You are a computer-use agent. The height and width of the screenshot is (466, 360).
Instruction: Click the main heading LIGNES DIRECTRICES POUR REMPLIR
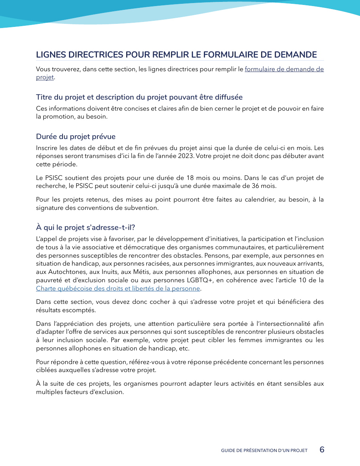[x=176, y=55]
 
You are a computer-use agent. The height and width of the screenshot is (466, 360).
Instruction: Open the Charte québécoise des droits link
[x=118, y=288]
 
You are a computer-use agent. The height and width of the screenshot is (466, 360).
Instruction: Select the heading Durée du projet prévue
[x=76, y=136]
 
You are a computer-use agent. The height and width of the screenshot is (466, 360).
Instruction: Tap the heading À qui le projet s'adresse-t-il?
[x=85, y=227]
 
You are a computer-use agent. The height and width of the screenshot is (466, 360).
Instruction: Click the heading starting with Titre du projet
[x=139, y=97]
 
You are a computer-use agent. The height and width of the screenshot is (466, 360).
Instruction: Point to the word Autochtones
[x=63, y=272]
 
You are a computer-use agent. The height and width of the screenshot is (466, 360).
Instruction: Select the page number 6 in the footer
[x=322, y=450]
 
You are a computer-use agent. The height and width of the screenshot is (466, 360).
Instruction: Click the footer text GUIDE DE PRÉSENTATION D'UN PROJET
[x=264, y=450]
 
